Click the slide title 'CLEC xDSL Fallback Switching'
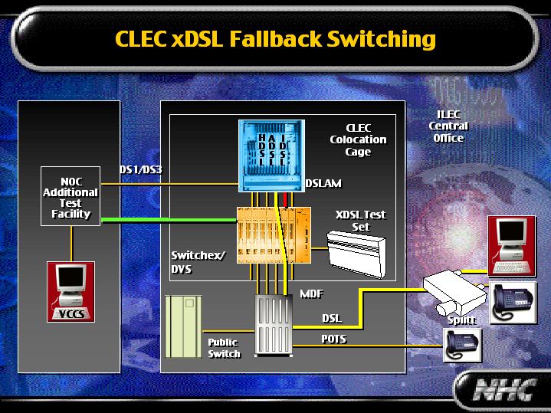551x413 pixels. coord(275,38)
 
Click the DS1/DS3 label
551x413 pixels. coord(140,169)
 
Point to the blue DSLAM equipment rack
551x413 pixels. coord(271,156)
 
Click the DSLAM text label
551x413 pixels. coord(323,184)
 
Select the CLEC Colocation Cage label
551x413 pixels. coord(358,139)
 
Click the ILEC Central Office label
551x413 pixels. coord(448,126)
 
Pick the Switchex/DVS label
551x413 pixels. coord(198,262)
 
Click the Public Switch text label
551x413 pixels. coord(224,348)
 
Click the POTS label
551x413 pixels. coord(333,339)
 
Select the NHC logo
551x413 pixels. coord(502,391)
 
